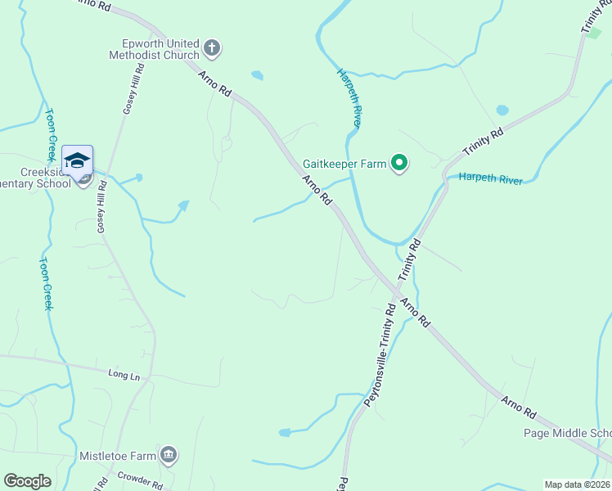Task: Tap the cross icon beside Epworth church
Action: click(212, 48)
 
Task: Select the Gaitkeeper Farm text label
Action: click(344, 164)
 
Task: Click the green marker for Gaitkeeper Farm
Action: click(399, 164)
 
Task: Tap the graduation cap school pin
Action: click(77, 160)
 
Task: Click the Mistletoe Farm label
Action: click(116, 454)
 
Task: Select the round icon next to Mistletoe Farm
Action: click(169, 454)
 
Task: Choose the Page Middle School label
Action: click(568, 434)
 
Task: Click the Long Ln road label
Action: click(124, 374)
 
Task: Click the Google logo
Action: click(28, 481)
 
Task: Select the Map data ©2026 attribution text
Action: click(577, 484)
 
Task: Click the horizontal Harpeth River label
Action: click(490, 179)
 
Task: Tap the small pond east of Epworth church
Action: click(258, 75)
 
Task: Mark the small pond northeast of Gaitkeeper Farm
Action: click(502, 110)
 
